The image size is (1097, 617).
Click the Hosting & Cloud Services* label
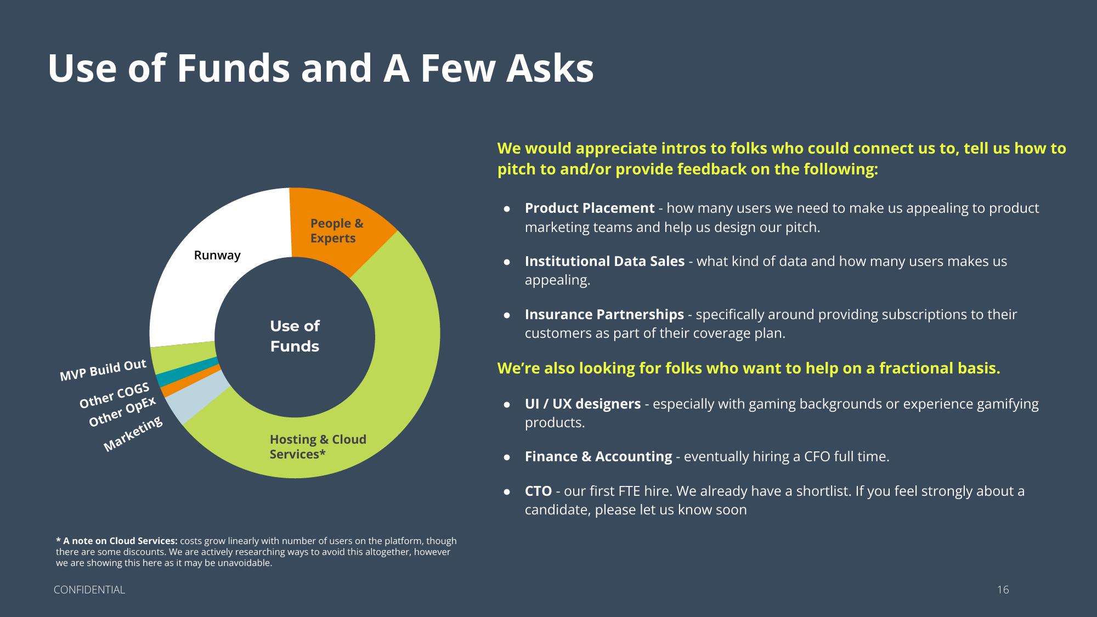click(318, 446)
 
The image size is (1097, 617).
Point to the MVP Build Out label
click(103, 370)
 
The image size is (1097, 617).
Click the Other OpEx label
click(122, 411)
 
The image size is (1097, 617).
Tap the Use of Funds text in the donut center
click(295, 336)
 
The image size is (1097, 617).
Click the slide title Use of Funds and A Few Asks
click(321, 69)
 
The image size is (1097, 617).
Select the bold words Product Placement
click(590, 208)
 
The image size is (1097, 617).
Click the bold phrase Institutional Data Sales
click(604, 261)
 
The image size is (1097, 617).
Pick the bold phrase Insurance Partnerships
click(604, 314)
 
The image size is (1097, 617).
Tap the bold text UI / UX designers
click(583, 404)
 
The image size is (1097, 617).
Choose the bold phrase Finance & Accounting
click(598, 456)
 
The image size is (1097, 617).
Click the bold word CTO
click(538, 491)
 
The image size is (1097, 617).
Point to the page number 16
click(1003, 590)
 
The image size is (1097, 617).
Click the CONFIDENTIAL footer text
click(89, 590)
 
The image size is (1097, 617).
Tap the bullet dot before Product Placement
click(507, 208)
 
